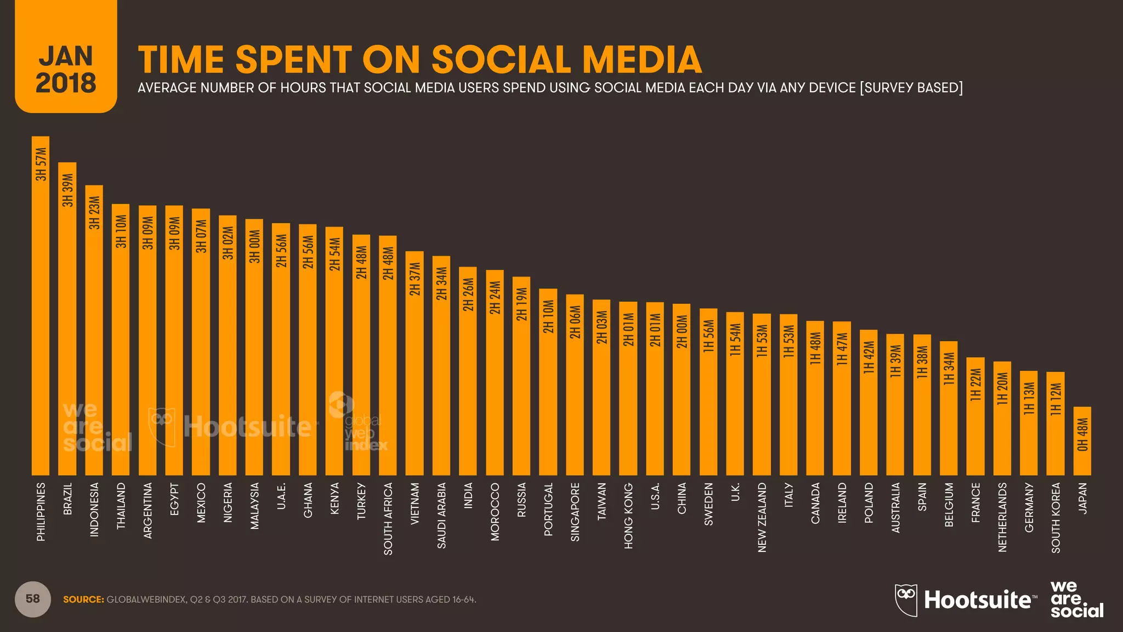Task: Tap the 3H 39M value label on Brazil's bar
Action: [67, 190]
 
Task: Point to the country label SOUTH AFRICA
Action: [388, 518]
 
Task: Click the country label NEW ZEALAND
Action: [762, 517]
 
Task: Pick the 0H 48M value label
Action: [1082, 435]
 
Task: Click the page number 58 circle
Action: [33, 599]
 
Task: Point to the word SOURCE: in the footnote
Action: [83, 600]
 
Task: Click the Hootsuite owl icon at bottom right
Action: [906, 600]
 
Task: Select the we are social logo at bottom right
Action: [1076, 600]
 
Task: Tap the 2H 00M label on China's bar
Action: [682, 331]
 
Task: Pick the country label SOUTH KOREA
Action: [1056, 517]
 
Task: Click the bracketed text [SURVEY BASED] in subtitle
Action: [911, 88]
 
